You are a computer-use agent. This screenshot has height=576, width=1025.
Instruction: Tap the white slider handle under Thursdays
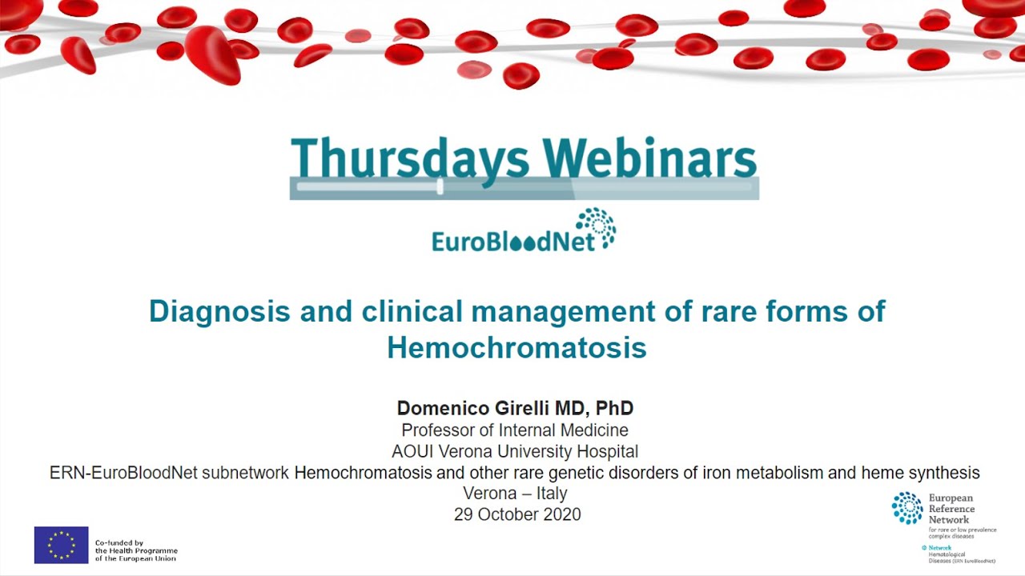coord(440,186)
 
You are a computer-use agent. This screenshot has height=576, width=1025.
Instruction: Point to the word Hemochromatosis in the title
coord(517,348)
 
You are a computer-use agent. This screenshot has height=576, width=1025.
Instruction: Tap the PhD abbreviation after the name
coord(614,409)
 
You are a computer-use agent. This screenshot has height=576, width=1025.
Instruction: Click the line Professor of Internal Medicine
coord(515,430)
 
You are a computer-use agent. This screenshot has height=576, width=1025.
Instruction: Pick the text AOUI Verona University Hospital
coord(515,451)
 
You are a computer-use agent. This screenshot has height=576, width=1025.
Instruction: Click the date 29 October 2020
coord(517,514)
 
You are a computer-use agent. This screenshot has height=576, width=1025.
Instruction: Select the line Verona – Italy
coord(515,493)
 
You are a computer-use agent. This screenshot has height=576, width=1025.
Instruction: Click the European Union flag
coord(62,545)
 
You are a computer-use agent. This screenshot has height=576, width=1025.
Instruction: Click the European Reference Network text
coord(951,509)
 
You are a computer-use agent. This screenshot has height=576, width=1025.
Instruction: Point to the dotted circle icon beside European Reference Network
coord(907,508)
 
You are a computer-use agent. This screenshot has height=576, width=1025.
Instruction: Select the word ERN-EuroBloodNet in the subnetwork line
coord(123,473)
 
